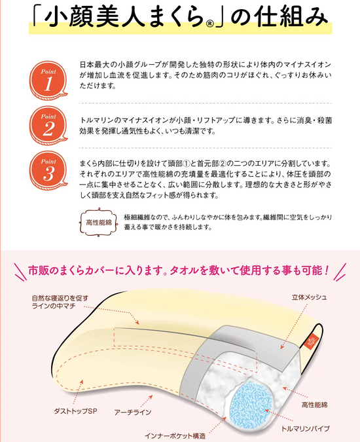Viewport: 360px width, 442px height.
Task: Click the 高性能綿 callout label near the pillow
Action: (x=314, y=406)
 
